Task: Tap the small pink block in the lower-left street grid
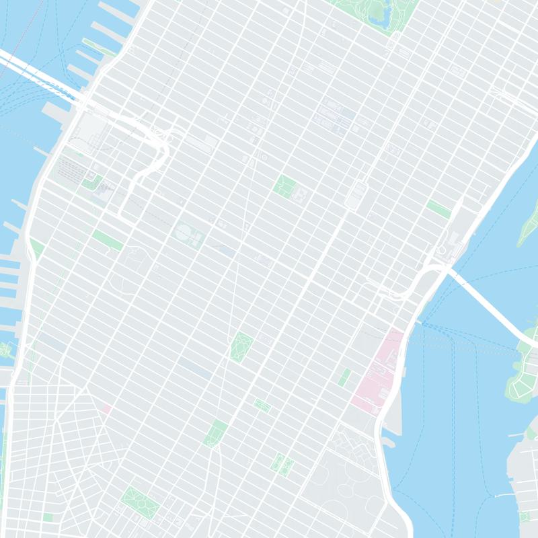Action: tap(106, 408)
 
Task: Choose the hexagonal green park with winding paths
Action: tap(241, 347)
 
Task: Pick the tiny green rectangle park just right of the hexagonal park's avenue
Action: tap(262, 405)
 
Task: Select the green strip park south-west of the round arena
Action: tap(108, 240)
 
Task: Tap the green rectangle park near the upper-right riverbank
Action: tap(438, 208)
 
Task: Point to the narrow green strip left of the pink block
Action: tap(344, 377)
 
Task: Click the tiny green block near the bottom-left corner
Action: tap(48, 517)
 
